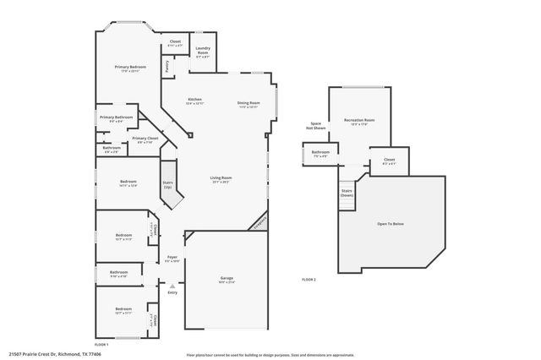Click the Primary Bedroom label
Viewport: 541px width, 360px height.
pos(131,67)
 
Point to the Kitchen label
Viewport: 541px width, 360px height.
pos(194,100)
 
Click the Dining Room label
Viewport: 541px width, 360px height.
pos(249,103)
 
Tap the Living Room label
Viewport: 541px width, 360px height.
pos(221,177)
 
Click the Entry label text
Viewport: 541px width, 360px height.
pos(172,292)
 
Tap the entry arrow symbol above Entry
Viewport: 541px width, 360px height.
pos(172,286)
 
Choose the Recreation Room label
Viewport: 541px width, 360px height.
pos(359,121)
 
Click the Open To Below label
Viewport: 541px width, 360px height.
pos(390,224)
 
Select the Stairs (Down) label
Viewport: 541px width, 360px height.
pos(347,193)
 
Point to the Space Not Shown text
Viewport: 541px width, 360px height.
pos(315,126)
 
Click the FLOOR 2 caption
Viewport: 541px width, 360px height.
pos(309,279)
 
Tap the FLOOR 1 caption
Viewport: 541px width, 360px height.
pos(101,345)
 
